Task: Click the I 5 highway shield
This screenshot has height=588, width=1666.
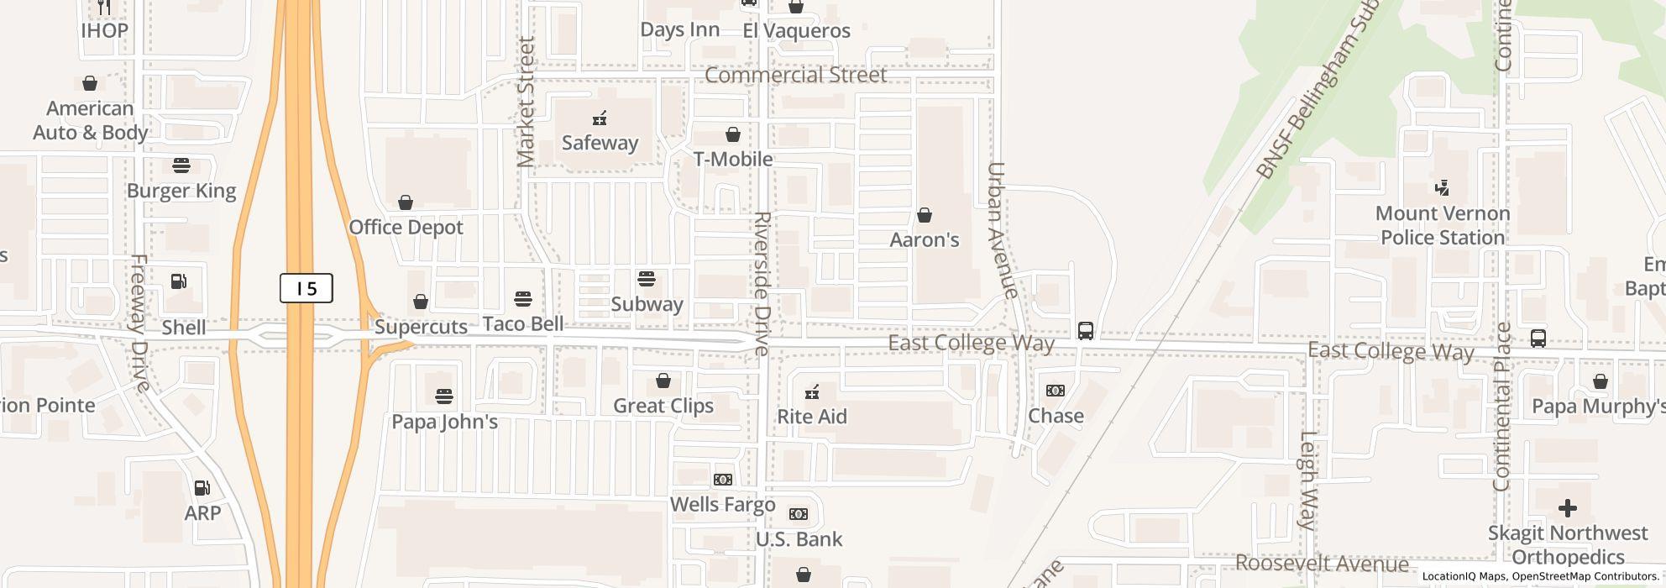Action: coord(306,289)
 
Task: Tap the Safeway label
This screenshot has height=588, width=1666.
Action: coord(600,143)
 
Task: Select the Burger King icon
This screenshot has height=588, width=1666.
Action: coord(181,165)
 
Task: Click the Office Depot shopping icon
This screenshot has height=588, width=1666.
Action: coord(406,202)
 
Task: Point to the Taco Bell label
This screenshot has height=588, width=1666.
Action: coord(523,324)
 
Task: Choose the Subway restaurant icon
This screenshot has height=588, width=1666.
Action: coord(647,279)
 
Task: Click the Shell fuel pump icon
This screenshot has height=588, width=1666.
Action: coord(179,281)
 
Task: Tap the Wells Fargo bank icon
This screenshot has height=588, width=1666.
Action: coord(722,480)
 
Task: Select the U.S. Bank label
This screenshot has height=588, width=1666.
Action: coord(799,539)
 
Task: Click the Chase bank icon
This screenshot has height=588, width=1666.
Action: coord(1056,391)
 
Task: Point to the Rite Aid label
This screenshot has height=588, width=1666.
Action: coord(812,417)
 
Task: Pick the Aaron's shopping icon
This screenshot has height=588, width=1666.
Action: coord(925,216)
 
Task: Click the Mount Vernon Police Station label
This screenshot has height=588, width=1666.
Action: coord(1443,226)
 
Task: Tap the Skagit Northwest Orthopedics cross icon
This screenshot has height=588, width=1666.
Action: coord(1567,508)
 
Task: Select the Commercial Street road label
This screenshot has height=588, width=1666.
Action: coord(795,76)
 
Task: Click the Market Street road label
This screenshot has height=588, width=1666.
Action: coord(527,102)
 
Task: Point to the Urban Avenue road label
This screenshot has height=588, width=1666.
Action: coord(1003,230)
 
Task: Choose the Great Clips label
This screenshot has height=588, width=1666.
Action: coord(663,407)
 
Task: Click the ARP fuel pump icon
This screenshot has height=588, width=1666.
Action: coord(202,488)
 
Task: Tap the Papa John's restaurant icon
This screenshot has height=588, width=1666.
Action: coord(444,396)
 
